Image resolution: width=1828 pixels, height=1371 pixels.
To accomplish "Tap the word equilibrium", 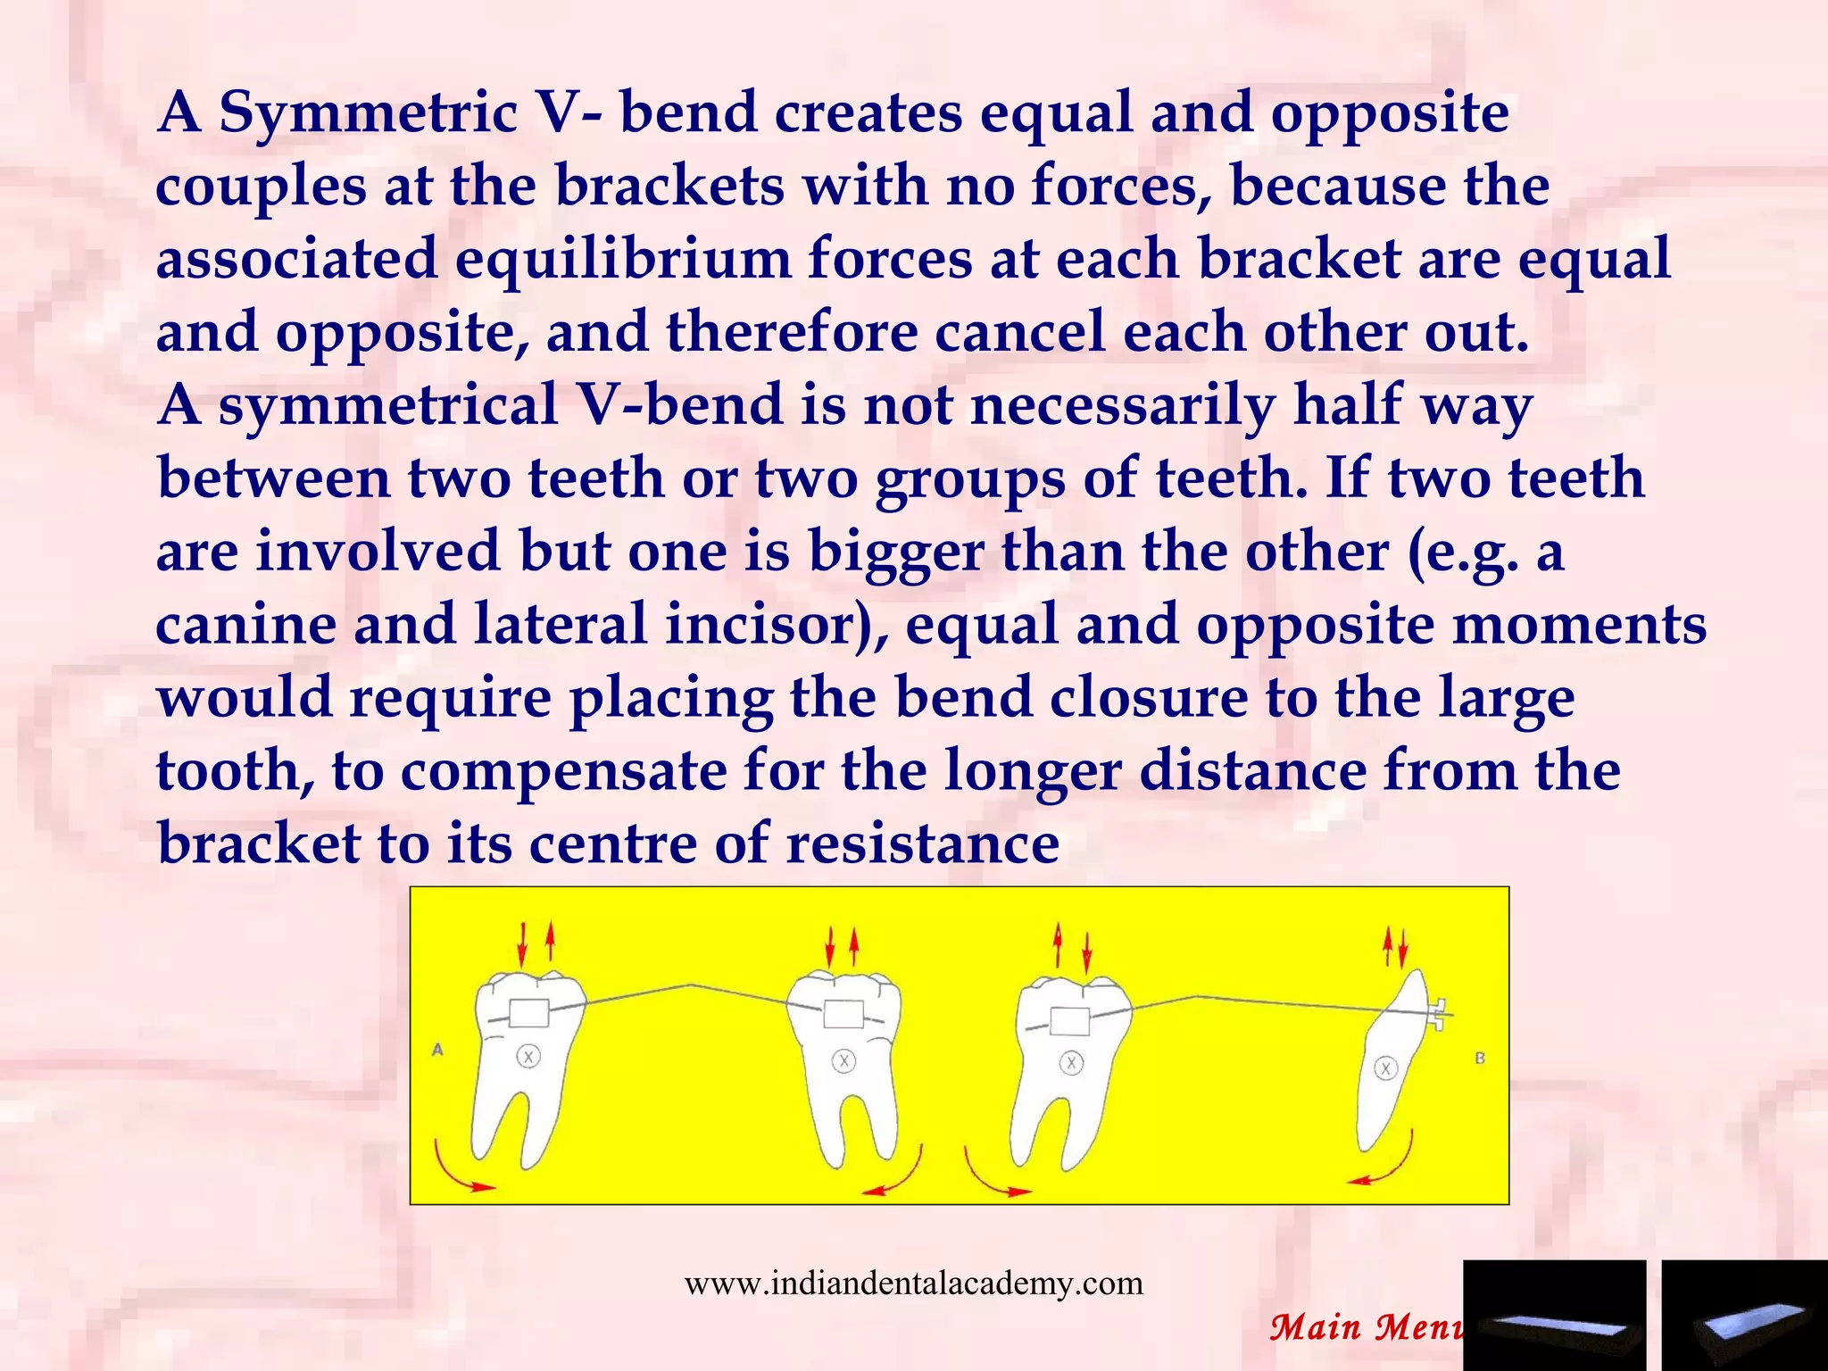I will click(623, 260).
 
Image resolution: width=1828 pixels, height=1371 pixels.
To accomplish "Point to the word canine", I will click(245, 624).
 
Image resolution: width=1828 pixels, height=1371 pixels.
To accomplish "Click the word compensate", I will click(563, 772).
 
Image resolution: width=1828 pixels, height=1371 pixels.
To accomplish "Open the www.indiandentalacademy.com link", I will click(913, 1284).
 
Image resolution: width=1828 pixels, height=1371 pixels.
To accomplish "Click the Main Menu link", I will click(1366, 1327).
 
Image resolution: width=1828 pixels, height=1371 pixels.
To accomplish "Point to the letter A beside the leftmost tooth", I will click(437, 1050).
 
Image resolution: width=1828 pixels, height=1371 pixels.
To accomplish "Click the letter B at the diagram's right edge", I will click(1480, 1059).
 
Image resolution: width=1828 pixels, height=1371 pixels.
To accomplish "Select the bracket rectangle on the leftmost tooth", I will click(528, 1014).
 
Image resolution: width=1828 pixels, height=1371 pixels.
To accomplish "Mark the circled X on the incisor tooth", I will click(1385, 1068).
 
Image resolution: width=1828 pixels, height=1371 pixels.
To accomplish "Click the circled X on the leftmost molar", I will click(528, 1057).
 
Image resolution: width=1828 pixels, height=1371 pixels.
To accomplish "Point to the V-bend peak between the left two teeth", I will click(689, 985).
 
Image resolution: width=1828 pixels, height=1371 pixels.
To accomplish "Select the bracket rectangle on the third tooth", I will click(1069, 1020).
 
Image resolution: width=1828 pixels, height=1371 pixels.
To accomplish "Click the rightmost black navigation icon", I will click(1744, 1316).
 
